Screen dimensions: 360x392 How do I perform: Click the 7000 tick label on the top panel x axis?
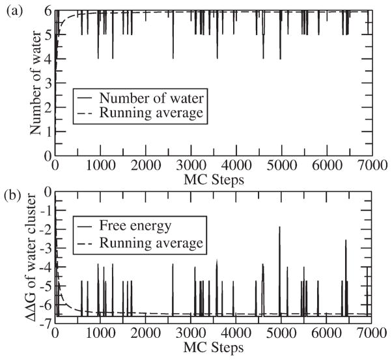pyautogui.click(x=369, y=163)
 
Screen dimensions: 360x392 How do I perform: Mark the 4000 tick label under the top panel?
pyautogui.click(x=234, y=163)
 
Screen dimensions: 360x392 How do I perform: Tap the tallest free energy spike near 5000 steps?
pyautogui.click(x=279, y=227)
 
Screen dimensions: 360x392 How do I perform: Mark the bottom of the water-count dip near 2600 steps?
pyautogui.click(x=173, y=59)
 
